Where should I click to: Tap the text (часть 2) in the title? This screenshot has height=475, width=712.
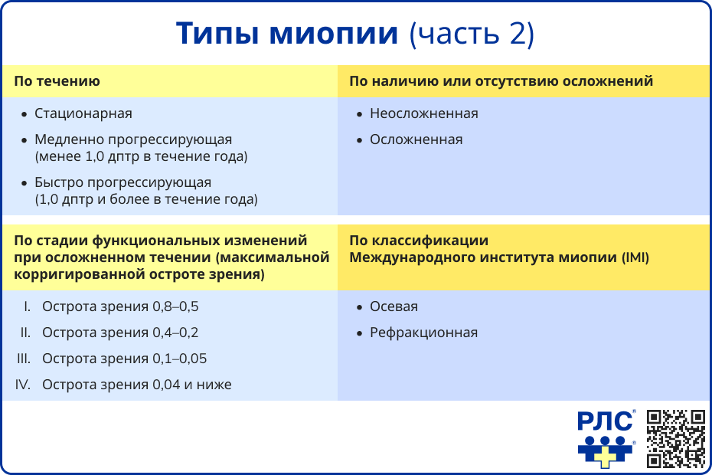pos(472,34)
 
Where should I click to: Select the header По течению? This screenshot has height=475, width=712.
pos(57,80)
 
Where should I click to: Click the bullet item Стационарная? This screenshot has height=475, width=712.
pos(83,113)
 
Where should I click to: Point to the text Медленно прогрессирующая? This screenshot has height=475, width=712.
pos(133,139)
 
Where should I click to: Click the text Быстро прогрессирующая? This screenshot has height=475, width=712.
pos(122,182)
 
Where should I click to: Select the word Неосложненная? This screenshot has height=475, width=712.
pos(423,113)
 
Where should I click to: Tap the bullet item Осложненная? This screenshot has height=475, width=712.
pos(416,139)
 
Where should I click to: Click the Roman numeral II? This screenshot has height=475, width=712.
pos(25,332)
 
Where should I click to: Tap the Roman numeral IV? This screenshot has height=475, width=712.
pos(24,385)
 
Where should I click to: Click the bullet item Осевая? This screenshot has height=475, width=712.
pos(394,306)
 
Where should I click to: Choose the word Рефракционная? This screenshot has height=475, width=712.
pos(423,332)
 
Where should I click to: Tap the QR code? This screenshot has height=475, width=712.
pos(676,438)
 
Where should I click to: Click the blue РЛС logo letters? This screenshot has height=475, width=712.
pos(605,422)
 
